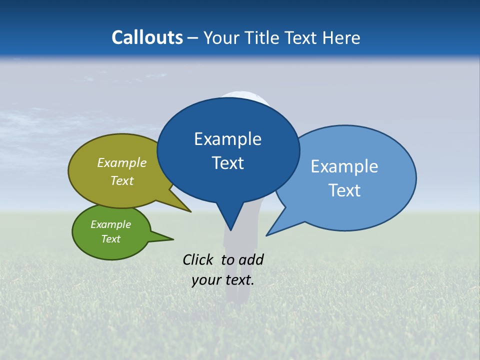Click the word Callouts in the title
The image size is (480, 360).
click(x=147, y=37)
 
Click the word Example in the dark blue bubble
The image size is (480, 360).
click(x=227, y=139)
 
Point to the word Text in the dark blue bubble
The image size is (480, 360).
click(x=227, y=163)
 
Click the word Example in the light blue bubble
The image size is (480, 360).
click(x=344, y=166)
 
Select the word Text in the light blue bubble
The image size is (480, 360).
click(x=344, y=190)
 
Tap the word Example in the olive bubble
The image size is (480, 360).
click(x=122, y=163)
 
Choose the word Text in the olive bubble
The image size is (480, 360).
click(x=122, y=180)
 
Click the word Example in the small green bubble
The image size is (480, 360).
click(x=110, y=224)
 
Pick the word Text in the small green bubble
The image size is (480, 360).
click(x=110, y=239)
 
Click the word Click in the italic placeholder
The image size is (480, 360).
click(x=198, y=259)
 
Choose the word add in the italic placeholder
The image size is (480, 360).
click(x=251, y=259)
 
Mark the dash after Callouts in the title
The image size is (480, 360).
click(x=193, y=38)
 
